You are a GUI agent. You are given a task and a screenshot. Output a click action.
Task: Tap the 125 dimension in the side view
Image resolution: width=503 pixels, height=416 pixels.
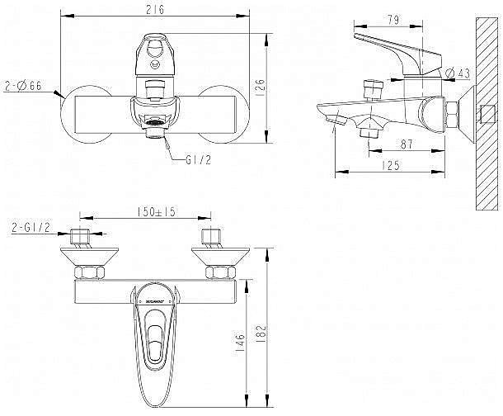click(392, 166)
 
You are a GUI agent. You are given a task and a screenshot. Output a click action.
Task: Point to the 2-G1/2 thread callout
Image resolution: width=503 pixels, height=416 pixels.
click(32, 227)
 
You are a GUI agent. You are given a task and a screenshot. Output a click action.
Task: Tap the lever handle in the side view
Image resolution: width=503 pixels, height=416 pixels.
click(396, 50)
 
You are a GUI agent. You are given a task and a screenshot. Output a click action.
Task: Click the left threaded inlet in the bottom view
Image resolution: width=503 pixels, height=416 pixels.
click(79, 239)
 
